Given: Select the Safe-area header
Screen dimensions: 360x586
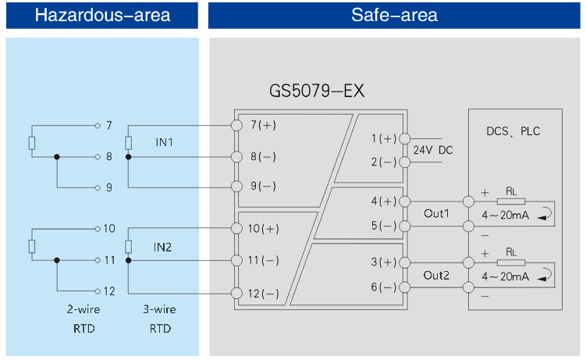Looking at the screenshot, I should [x=395, y=15].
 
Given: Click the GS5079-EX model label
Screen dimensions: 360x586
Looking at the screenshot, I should [x=317, y=92].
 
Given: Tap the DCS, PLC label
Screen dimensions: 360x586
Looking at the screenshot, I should [x=513, y=131].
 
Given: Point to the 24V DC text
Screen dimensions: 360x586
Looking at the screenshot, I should [x=432, y=149].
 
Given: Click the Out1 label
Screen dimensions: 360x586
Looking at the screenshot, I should [x=437, y=212].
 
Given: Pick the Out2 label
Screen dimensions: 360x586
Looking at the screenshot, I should [x=437, y=274].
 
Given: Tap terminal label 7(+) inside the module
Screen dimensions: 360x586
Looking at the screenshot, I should [x=263, y=126].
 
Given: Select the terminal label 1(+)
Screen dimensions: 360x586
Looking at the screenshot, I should [x=384, y=138].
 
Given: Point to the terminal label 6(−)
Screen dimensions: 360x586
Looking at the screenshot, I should [x=384, y=287].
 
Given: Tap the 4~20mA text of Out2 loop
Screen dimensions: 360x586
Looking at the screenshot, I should [x=505, y=276].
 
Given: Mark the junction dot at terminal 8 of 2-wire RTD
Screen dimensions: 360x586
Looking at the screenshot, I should [x=57, y=157].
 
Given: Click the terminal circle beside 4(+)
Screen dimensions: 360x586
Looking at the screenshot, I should [x=405, y=201].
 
